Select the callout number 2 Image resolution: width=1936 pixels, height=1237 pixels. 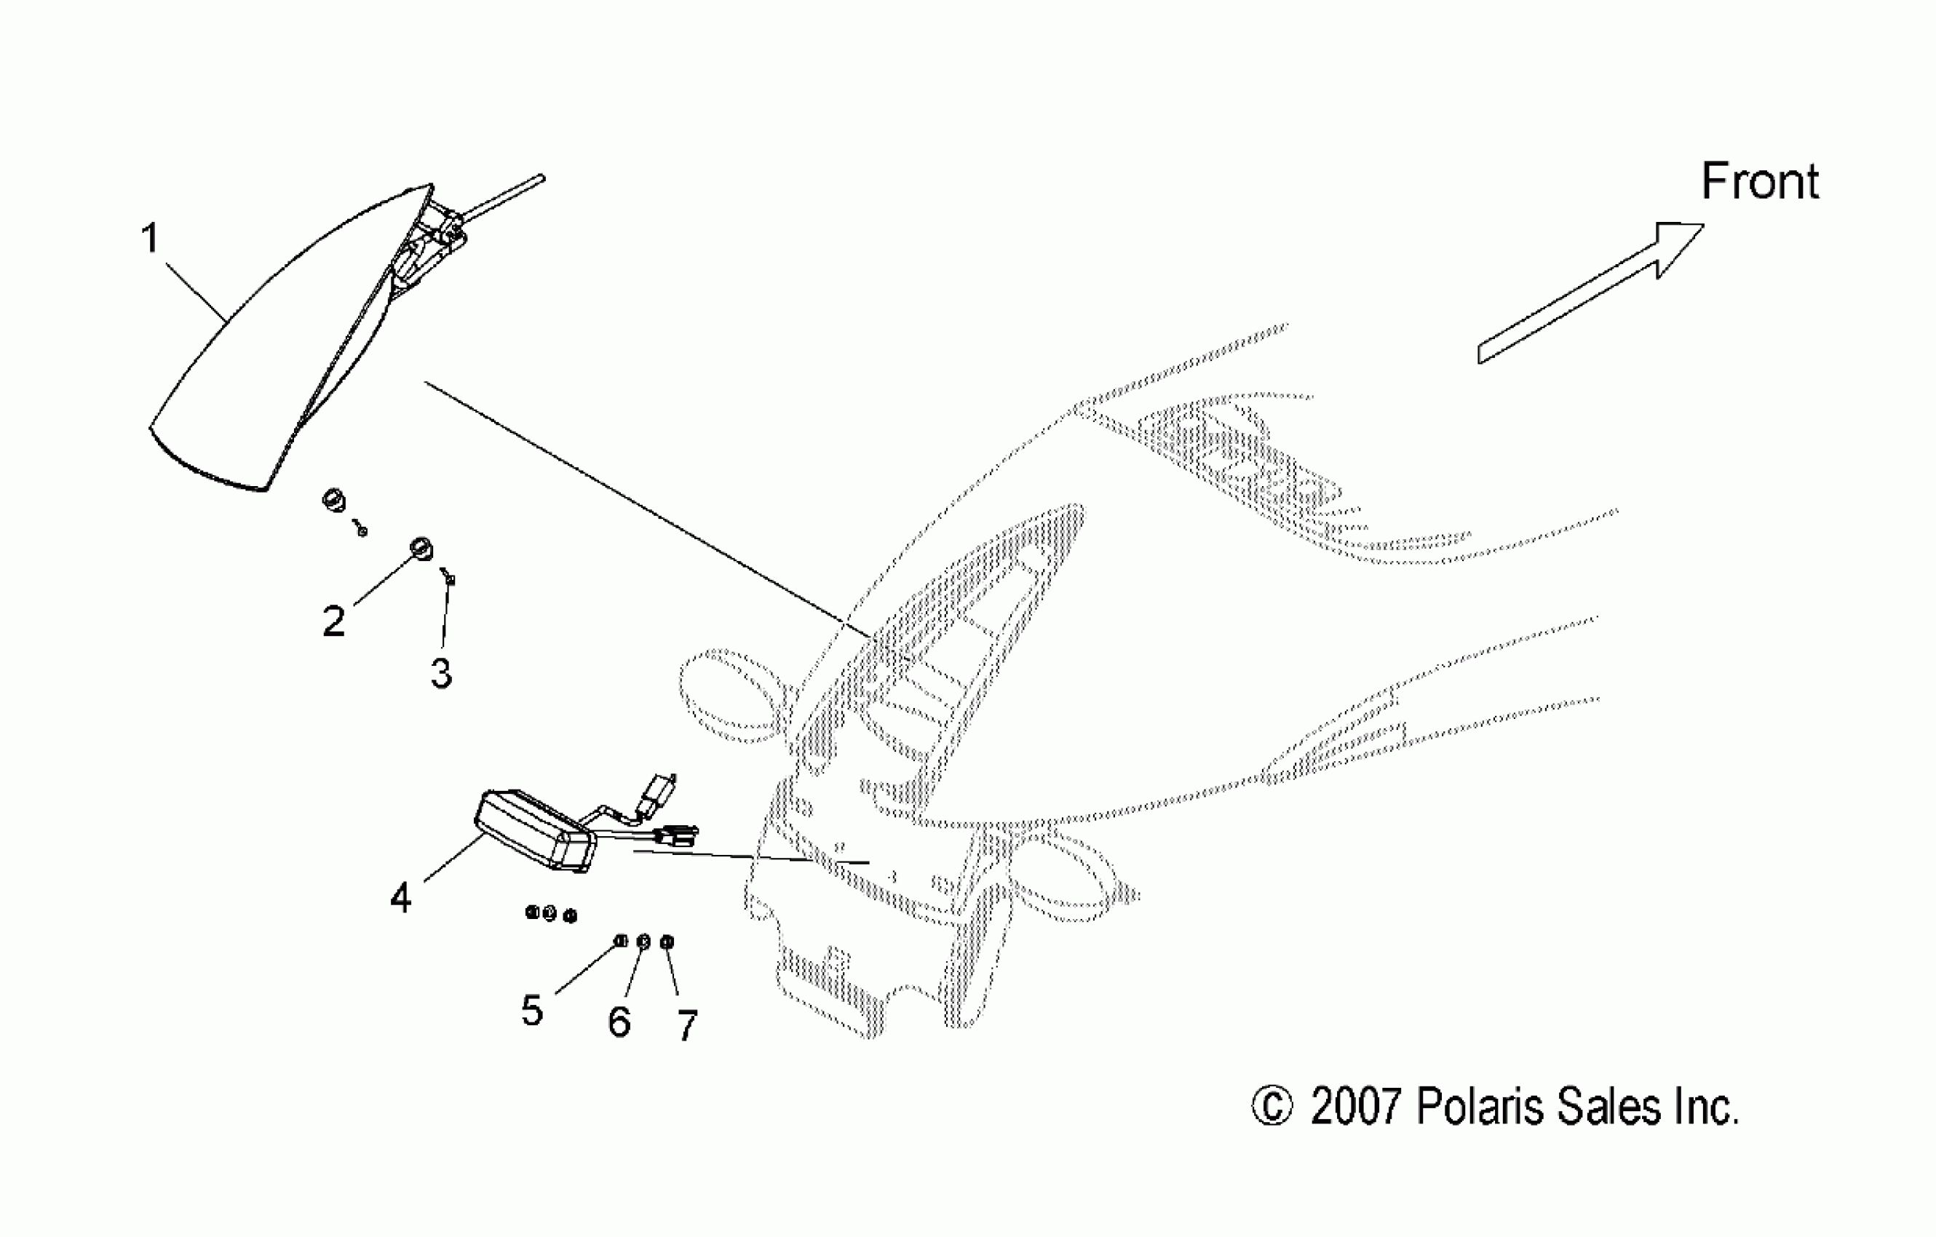pos(333,621)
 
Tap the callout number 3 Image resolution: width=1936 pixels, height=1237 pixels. pos(440,673)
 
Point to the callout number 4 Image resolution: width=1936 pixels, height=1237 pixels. pos(400,897)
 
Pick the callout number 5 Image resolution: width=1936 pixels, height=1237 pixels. pos(531,1009)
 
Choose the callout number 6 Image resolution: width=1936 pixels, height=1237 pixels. pos(619,1022)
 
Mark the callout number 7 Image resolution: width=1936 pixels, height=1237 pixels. pos(686,1025)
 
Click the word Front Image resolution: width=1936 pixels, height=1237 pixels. pos(1759,182)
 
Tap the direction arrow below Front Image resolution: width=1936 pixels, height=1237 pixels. pos(1592,293)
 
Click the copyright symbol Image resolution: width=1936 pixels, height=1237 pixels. pos(1272,1107)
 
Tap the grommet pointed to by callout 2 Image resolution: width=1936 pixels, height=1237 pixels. pos(421,548)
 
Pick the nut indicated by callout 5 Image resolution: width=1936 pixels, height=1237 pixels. pos(621,940)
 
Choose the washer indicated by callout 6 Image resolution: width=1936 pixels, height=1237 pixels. pos(643,942)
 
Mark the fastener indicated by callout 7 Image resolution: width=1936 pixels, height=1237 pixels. pos(667,942)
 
